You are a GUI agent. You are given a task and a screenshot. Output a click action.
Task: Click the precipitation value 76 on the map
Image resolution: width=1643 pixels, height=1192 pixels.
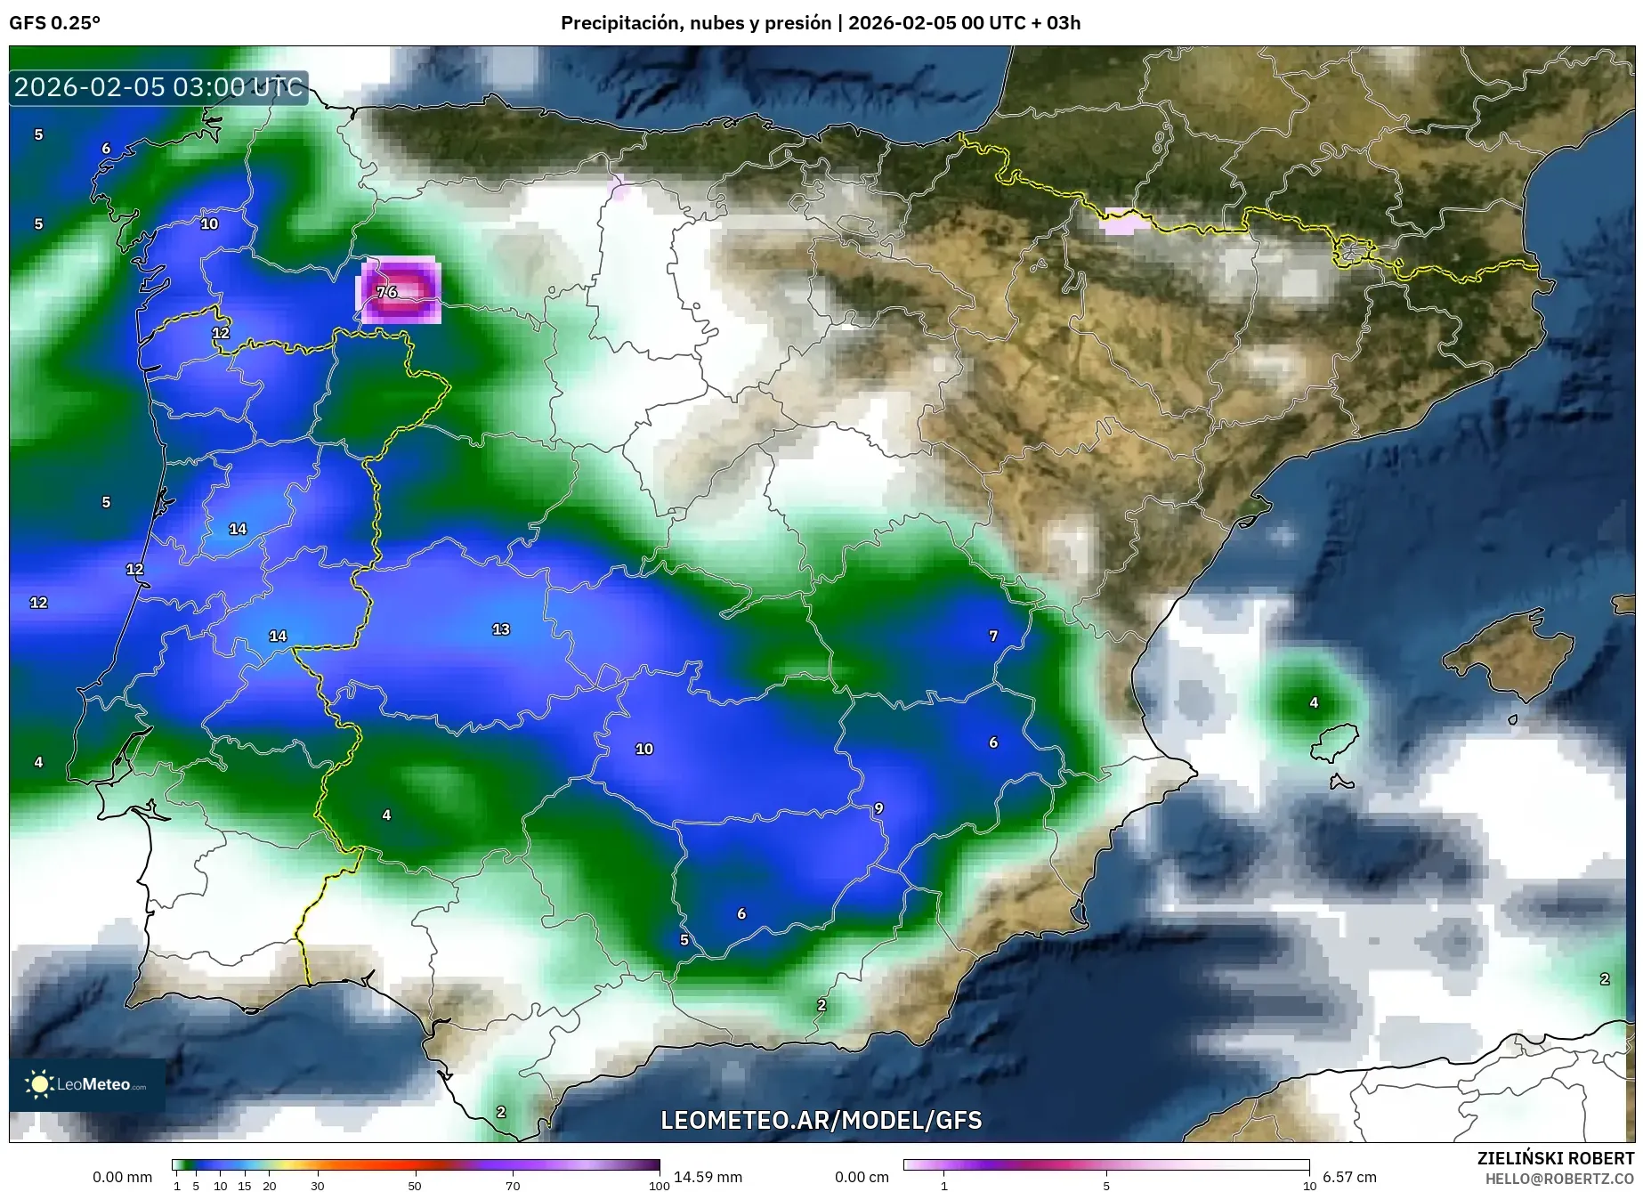click(x=387, y=292)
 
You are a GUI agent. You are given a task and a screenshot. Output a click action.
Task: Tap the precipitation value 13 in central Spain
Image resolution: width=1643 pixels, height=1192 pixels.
click(x=501, y=629)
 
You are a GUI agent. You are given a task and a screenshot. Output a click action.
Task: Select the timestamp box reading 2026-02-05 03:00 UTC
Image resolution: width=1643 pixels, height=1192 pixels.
click(x=158, y=87)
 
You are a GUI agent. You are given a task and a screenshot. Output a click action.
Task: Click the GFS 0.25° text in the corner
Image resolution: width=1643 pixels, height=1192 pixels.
click(x=55, y=23)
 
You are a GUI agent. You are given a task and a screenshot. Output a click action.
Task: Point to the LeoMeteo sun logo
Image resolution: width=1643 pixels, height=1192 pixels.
click(x=39, y=1083)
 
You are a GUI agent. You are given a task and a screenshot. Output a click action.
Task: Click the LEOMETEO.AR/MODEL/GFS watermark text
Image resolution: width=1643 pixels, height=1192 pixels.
click(x=821, y=1120)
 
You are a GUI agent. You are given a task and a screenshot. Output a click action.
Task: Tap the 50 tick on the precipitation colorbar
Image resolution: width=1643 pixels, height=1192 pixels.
click(x=415, y=1186)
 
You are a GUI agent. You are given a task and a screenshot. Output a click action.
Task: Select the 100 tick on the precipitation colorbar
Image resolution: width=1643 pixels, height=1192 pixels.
click(x=659, y=1186)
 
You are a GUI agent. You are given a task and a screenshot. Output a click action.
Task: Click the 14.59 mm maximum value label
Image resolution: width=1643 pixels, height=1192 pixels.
click(x=708, y=1177)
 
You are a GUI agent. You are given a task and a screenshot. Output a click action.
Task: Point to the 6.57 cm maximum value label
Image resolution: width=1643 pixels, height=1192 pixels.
click(x=1349, y=1177)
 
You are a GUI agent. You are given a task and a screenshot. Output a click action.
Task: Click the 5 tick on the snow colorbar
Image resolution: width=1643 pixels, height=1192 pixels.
click(x=1106, y=1186)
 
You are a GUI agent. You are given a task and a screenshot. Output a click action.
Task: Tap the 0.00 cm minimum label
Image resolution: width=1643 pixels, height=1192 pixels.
click(x=862, y=1177)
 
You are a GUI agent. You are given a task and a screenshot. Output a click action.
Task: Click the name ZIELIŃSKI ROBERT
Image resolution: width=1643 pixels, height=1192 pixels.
click(x=1555, y=1158)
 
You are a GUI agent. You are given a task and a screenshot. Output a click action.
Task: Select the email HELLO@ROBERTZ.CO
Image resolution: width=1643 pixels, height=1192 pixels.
click(x=1559, y=1179)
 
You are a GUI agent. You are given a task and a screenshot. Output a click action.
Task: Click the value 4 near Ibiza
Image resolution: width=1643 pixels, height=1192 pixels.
click(x=1314, y=703)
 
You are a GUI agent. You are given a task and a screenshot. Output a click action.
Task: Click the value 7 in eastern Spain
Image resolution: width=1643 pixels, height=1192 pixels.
click(x=993, y=636)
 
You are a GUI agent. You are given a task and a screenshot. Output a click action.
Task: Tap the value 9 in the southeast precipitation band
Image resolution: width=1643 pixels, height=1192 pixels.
click(x=878, y=808)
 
